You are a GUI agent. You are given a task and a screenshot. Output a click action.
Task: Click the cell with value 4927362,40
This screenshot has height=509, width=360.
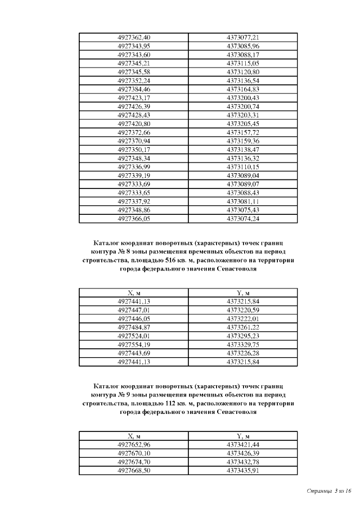[134, 38]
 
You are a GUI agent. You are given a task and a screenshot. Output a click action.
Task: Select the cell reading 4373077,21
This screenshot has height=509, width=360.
[242, 38]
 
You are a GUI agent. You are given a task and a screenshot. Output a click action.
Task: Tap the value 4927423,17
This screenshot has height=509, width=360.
[134, 98]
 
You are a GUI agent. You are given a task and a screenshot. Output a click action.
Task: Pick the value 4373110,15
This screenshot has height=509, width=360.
[242, 167]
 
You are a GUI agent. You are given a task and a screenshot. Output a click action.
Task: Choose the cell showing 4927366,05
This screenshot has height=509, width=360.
[134, 219]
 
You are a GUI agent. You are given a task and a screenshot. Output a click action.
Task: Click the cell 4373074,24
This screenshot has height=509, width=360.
[242, 219]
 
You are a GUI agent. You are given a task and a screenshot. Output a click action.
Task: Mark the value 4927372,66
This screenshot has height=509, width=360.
[134, 132]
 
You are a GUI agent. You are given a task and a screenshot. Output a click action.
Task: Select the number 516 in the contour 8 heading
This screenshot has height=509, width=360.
[171, 261]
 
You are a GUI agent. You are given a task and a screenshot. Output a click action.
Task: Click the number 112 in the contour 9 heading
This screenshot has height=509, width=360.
[171, 404]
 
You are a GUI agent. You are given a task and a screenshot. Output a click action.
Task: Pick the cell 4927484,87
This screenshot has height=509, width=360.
[134, 327]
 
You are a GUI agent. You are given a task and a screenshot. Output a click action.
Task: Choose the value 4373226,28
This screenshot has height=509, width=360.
[242, 353]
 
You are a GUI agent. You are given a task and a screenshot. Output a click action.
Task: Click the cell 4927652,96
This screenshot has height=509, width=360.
[134, 444]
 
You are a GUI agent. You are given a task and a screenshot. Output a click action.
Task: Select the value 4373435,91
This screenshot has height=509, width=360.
[242, 470]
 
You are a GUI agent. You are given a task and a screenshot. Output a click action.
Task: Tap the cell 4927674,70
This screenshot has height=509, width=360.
[134, 462]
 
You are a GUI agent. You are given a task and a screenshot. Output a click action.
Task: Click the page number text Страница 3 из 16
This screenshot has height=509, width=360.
[328, 491]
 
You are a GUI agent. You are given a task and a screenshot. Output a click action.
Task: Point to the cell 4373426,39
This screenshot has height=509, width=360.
[242, 453]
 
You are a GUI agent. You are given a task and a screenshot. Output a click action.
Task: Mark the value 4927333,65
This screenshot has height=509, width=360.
[134, 193]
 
